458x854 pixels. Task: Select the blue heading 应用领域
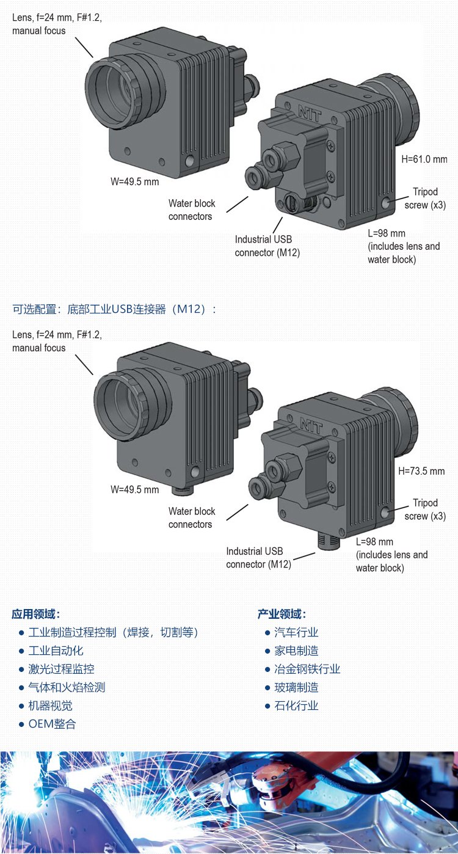pyautogui.click(x=36, y=614)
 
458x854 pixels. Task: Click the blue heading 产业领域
pyautogui.click(x=282, y=614)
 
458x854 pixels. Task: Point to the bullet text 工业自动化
pyautogui.click(x=56, y=651)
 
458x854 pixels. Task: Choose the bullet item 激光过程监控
pyautogui.click(x=61, y=669)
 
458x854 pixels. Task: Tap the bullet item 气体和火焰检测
pyautogui.click(x=67, y=687)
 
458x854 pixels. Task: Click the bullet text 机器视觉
pyautogui.click(x=50, y=706)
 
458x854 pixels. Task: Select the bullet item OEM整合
pyautogui.click(x=53, y=724)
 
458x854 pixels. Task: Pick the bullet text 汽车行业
pyautogui.click(x=296, y=632)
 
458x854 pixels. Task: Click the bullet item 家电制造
pyautogui.click(x=296, y=651)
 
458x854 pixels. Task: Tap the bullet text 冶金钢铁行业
pyautogui.click(x=307, y=669)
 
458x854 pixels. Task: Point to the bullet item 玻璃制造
pyautogui.click(x=296, y=687)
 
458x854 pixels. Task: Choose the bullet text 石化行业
pyautogui.click(x=296, y=706)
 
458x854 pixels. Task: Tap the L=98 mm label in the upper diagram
pyautogui.click(x=387, y=233)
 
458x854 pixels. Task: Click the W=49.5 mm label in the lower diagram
pyautogui.click(x=134, y=489)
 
